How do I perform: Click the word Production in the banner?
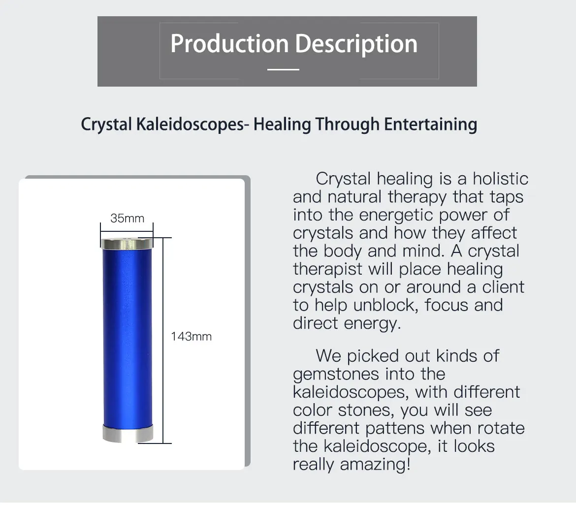tap(229, 43)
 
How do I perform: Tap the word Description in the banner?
tap(356, 44)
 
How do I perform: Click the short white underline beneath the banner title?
tap(283, 69)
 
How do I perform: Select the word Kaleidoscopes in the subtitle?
tap(190, 124)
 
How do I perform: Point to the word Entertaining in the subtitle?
tap(431, 124)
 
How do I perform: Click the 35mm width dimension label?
tap(127, 218)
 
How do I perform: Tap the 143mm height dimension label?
tap(192, 337)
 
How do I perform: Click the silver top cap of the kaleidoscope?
tap(127, 244)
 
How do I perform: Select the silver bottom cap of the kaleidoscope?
tap(128, 433)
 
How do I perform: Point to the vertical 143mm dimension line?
tap(163, 341)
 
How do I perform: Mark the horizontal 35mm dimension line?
tap(127, 231)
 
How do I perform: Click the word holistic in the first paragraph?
tap(500, 179)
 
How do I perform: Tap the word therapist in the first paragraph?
tap(328, 269)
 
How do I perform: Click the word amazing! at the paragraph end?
tap(375, 465)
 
